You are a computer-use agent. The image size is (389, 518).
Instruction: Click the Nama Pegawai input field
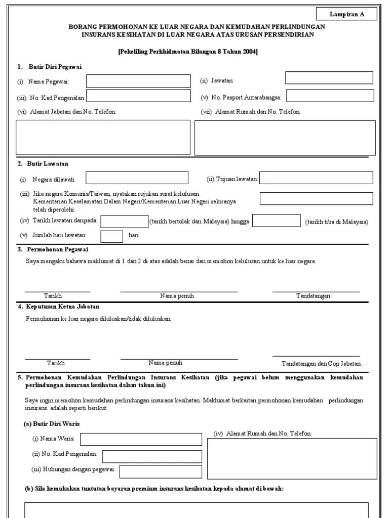tap(139, 81)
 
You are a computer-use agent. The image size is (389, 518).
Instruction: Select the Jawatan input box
tap(329, 77)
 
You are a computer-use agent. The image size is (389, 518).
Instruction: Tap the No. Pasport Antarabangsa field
tap(330, 96)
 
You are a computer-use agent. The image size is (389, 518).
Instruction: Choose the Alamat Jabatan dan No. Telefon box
tap(103, 137)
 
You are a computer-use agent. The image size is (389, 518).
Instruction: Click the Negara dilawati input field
tap(137, 178)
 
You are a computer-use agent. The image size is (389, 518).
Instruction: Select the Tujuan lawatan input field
tap(316, 178)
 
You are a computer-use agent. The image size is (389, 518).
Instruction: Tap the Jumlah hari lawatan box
tap(112, 236)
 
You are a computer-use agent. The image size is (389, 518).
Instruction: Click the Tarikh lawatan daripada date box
tap(124, 222)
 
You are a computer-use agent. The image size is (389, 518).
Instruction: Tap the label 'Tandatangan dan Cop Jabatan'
tap(321, 364)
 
